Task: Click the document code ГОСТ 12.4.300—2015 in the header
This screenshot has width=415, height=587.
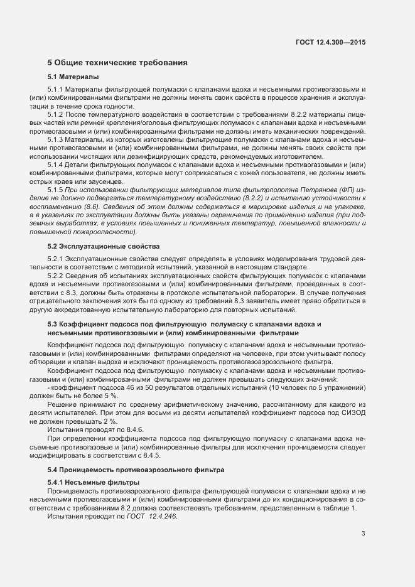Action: pyautogui.click(x=330, y=42)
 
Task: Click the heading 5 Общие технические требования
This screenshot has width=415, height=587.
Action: pyautogui.click(x=118, y=63)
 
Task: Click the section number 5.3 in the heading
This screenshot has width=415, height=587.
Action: pyautogui.click(x=53, y=324)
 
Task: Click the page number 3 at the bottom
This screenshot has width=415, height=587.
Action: pyautogui.click(x=363, y=534)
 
